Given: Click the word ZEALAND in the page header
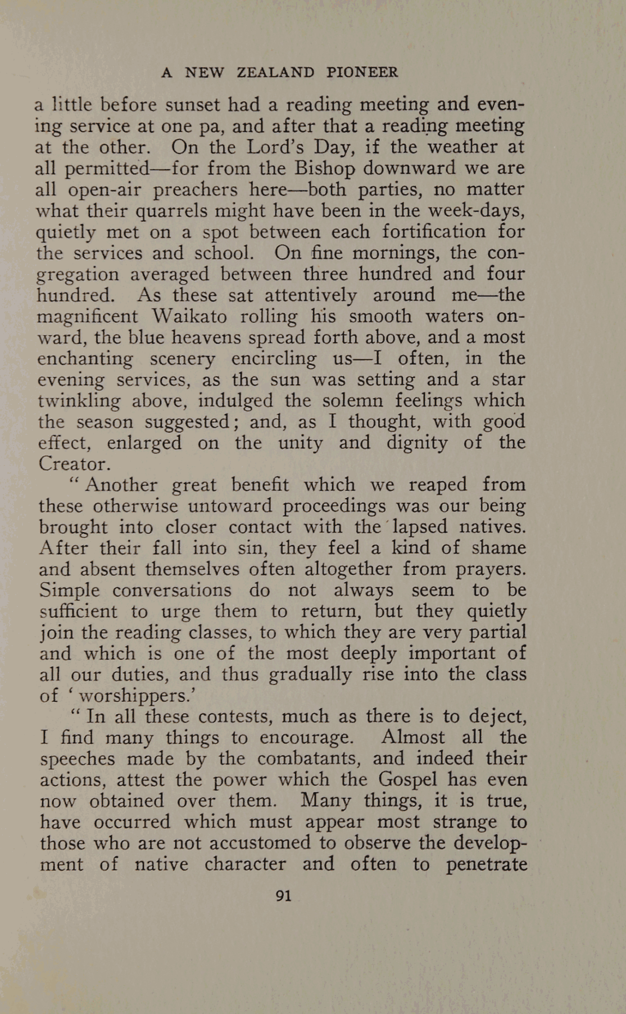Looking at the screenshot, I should coord(276,72).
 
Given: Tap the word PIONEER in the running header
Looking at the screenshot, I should coord(362,72).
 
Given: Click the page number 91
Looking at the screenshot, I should coord(284,896).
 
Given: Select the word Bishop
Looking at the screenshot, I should coord(326,168).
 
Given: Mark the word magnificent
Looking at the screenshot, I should coord(87,316).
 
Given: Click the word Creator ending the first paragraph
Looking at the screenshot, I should coord(71,464).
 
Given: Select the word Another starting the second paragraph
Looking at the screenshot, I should coord(120,485).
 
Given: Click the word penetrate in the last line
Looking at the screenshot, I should coord(486,864).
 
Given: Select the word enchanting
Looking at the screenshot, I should coord(85,358).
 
